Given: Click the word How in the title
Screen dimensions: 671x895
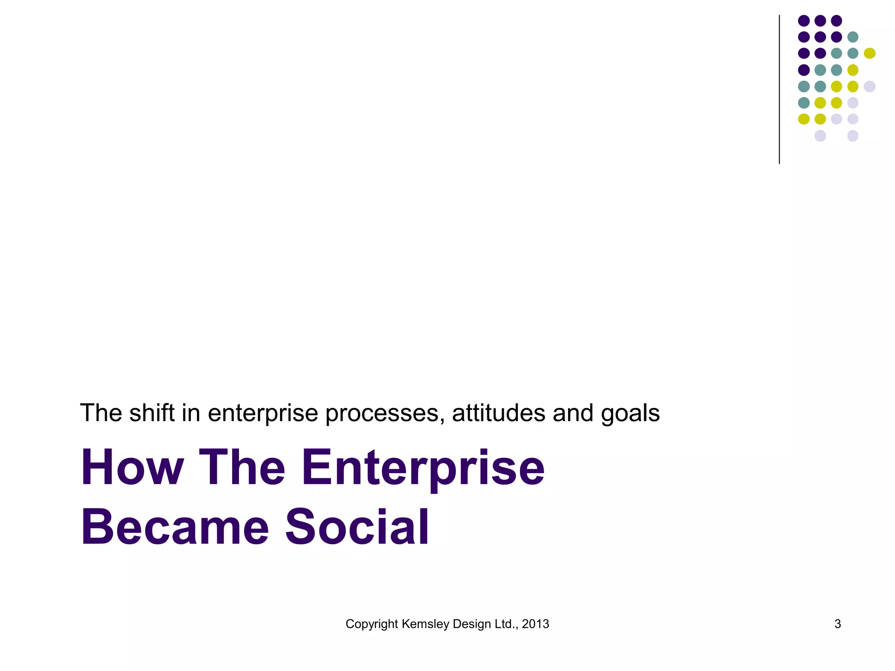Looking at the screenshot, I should click(132, 467).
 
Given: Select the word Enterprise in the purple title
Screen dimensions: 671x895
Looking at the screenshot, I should click(423, 467).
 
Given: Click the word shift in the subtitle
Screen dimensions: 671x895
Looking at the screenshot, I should click(152, 413).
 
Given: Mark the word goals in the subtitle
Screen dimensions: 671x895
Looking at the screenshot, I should click(630, 414).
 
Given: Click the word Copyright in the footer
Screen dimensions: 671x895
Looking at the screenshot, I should click(372, 624).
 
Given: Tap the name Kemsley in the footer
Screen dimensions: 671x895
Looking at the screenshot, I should click(425, 624).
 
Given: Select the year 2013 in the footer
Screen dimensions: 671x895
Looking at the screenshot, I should click(535, 624).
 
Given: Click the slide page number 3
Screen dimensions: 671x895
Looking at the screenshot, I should click(837, 624).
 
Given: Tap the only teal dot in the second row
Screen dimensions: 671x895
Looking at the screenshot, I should click(853, 37).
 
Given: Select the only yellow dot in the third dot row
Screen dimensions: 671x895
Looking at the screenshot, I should click(870, 53).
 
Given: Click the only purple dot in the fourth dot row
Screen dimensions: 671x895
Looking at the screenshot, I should click(804, 70).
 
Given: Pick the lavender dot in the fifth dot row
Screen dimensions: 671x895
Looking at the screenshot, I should click(870, 86).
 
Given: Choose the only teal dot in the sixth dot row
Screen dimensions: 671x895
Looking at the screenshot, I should click(804, 103).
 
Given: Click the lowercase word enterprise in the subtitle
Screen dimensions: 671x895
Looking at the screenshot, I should click(263, 414).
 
